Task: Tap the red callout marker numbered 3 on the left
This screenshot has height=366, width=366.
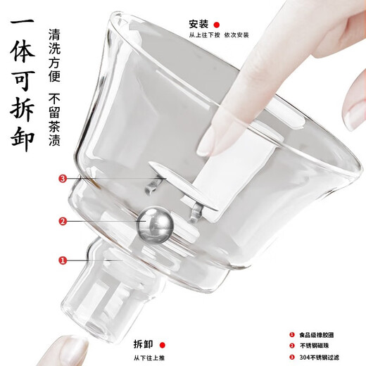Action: pos(63,179)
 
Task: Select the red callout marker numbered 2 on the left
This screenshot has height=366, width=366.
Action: pos(63,221)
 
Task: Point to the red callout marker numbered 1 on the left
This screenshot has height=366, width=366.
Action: pos(63,261)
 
